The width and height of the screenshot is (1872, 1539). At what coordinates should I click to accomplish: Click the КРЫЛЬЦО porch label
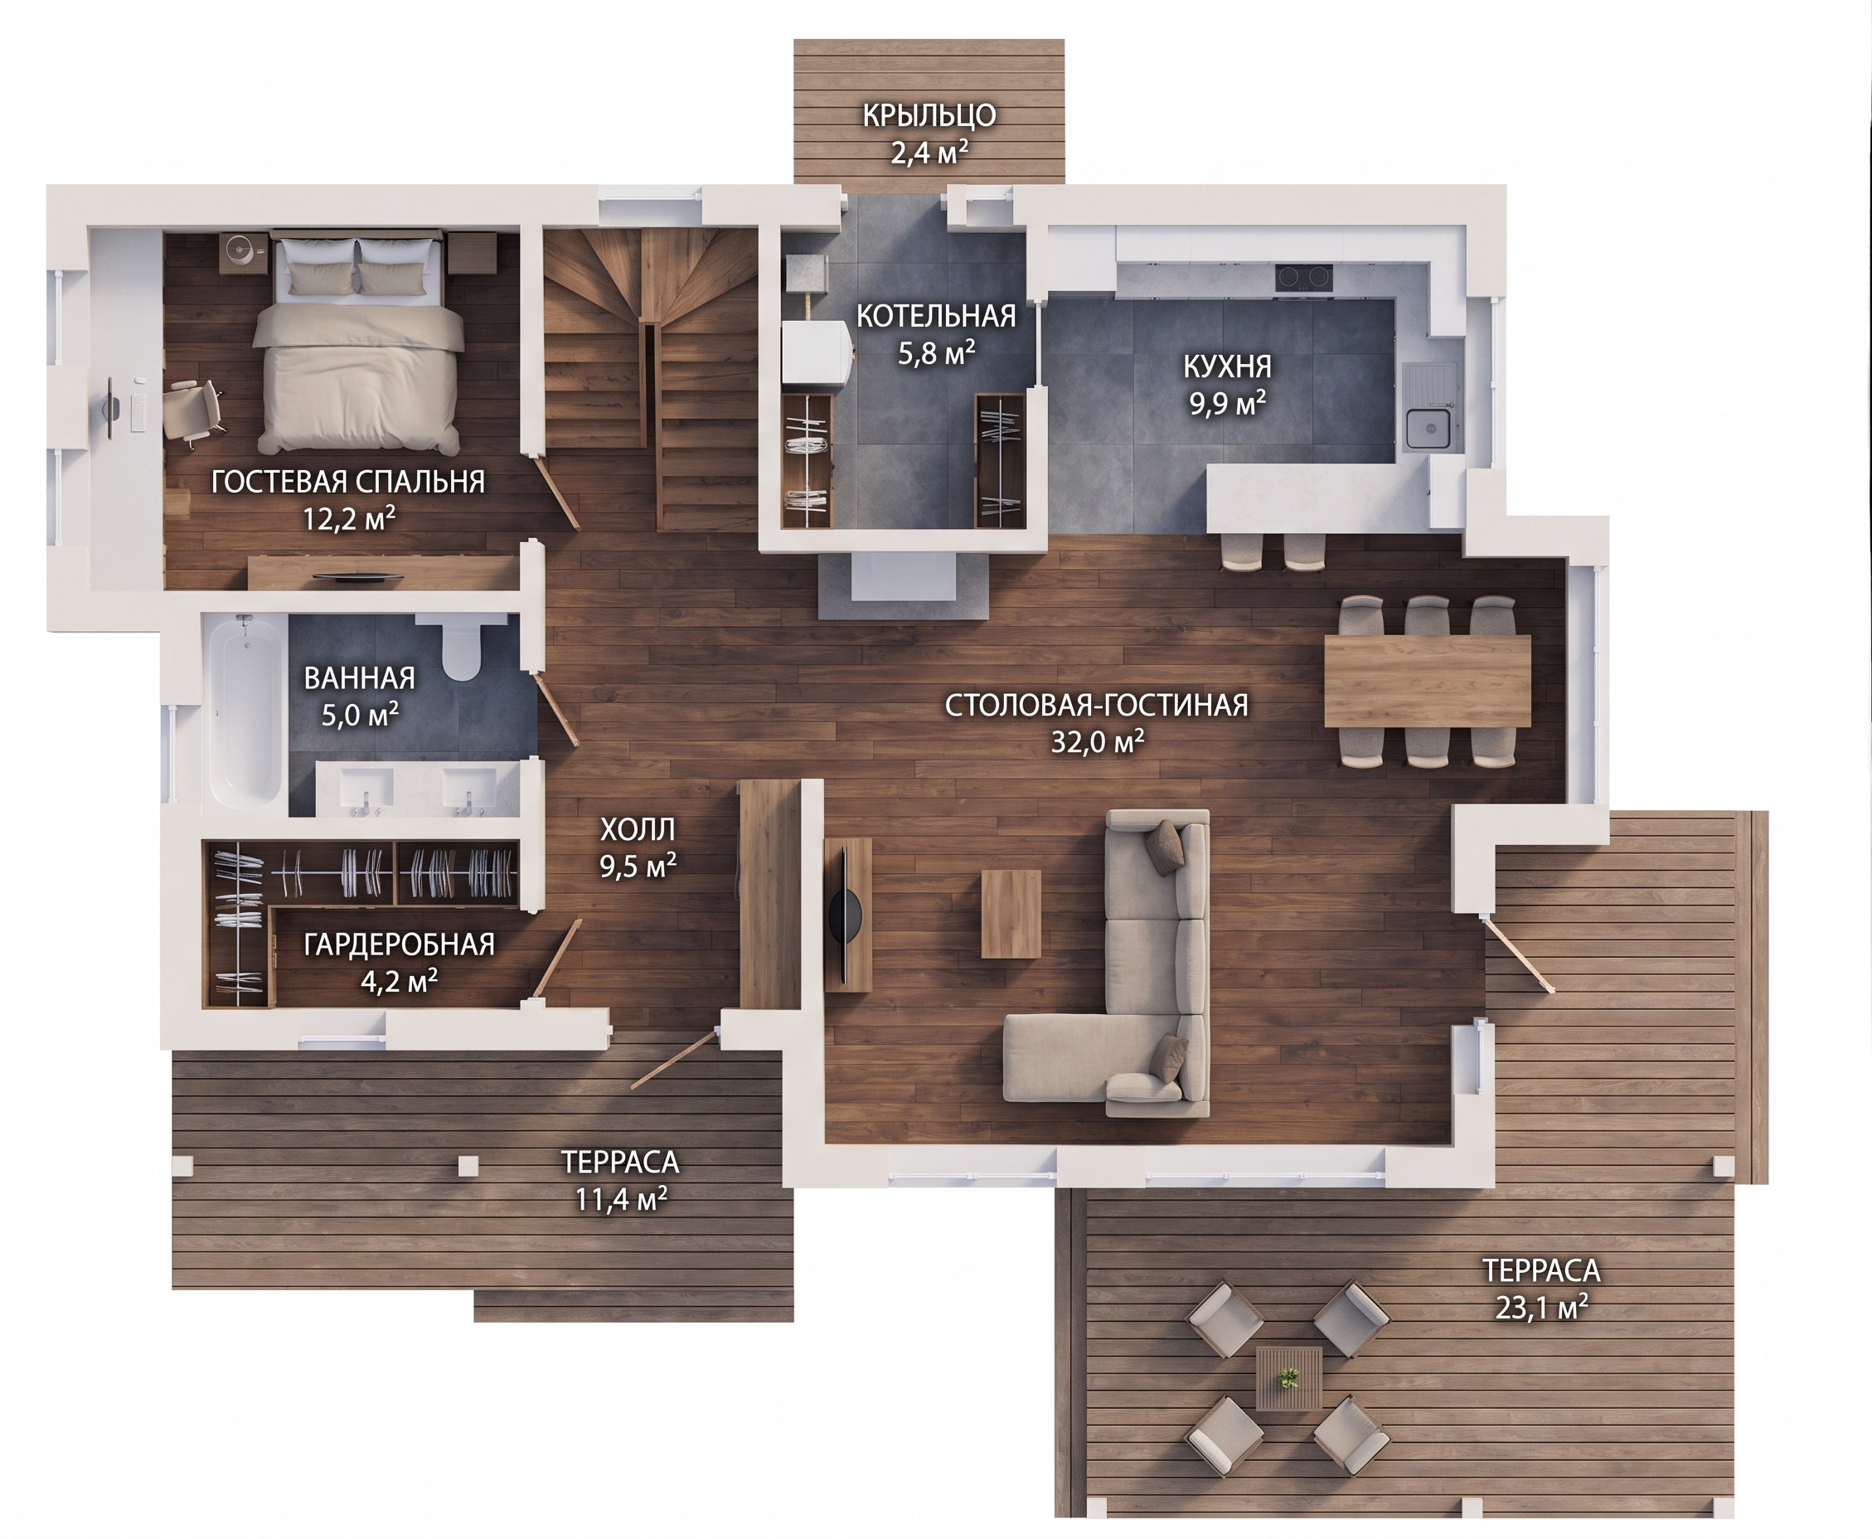click(x=929, y=115)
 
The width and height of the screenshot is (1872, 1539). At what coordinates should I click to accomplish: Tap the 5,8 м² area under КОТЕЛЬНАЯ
click(x=936, y=353)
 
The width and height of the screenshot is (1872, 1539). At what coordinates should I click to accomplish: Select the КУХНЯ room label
click(x=1227, y=365)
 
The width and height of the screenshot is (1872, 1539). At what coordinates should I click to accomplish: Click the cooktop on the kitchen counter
click(x=1306, y=278)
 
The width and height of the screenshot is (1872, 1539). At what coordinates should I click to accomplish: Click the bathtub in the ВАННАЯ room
click(x=246, y=714)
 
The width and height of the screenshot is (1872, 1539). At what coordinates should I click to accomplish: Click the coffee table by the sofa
click(x=1011, y=913)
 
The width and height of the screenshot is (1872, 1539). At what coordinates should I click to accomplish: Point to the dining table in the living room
click(x=1427, y=680)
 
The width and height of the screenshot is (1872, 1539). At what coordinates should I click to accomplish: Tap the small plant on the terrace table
click(x=1288, y=1378)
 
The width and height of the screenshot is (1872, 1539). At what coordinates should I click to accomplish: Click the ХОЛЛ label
click(x=638, y=829)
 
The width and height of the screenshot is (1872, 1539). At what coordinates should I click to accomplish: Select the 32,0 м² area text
click(x=1098, y=741)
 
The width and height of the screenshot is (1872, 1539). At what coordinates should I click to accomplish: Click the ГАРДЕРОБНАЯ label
click(x=399, y=944)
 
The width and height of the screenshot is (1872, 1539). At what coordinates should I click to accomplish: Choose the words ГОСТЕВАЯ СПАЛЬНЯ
click(x=348, y=482)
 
